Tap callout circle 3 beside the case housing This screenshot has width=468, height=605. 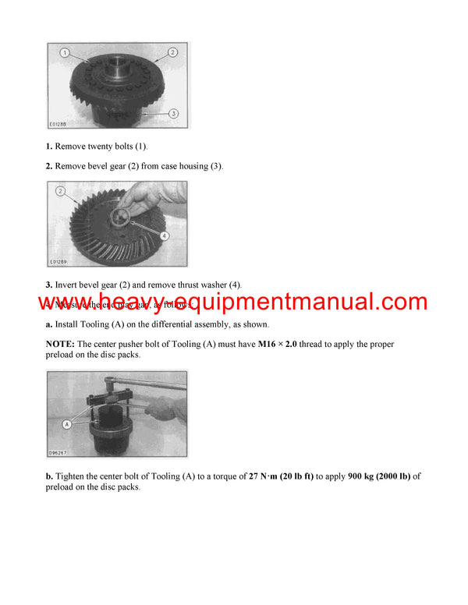coord(172,114)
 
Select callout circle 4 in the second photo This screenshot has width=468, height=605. coord(164,235)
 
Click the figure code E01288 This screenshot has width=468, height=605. coord(58,124)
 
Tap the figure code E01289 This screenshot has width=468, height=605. coord(58,262)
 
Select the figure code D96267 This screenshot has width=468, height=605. coord(58,453)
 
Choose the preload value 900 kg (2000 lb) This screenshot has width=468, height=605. coord(378,476)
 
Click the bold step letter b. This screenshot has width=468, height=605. coord(49,476)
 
